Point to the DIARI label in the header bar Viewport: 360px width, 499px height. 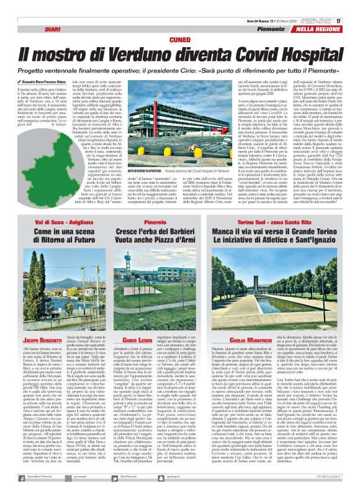(52, 29)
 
